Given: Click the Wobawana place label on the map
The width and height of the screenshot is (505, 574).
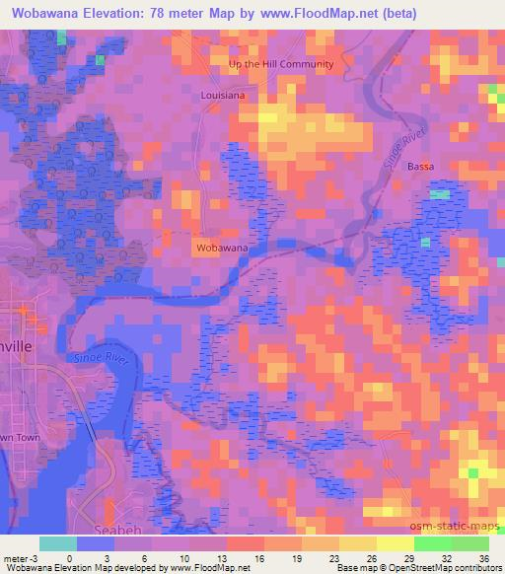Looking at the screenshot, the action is click(x=222, y=247).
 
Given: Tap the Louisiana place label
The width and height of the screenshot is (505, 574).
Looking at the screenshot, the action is click(x=222, y=97).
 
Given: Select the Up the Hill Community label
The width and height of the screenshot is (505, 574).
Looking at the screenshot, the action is click(x=281, y=64).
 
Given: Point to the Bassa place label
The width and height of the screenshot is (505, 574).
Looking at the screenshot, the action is click(x=421, y=167).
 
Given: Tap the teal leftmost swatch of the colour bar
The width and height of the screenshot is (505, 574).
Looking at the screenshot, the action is click(x=58, y=543).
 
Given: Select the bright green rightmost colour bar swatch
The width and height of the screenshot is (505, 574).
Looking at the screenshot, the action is click(x=469, y=543).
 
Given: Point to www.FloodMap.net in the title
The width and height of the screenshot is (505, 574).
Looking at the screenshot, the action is click(x=319, y=14).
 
